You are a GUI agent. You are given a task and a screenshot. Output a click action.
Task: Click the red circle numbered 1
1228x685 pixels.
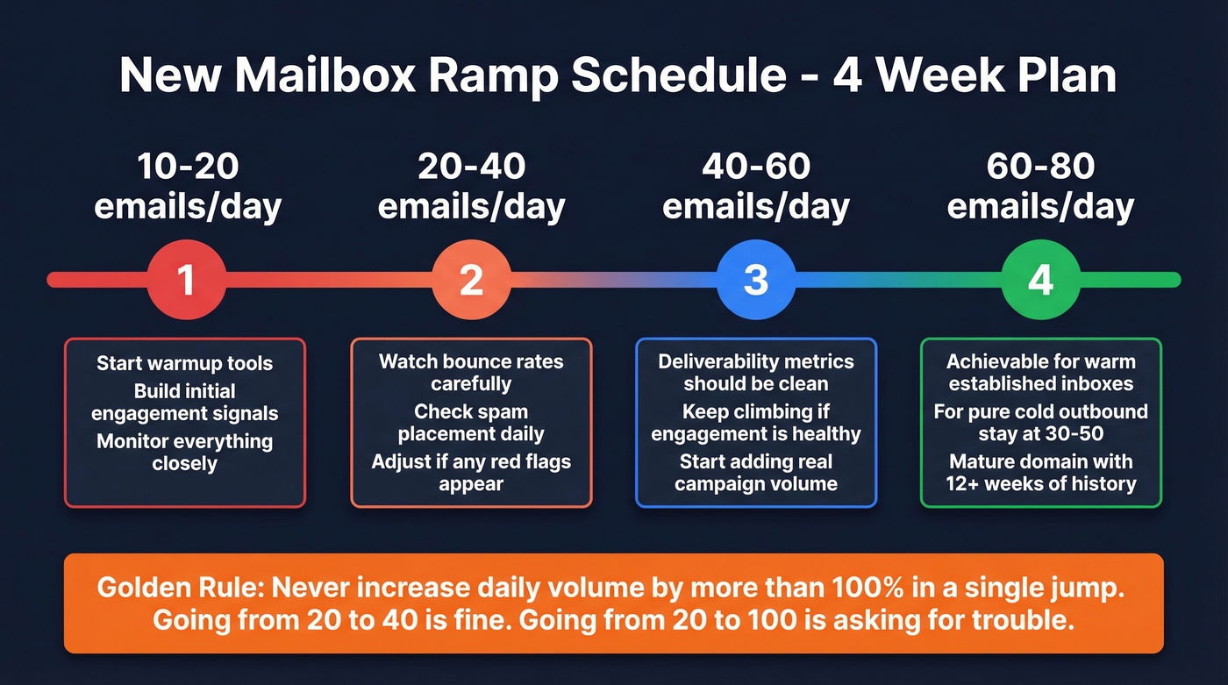186,280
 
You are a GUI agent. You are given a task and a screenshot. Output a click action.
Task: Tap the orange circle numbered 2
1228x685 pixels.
471,280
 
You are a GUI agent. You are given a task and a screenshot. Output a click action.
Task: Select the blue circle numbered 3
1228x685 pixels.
755,280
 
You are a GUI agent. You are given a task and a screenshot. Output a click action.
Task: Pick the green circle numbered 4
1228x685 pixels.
1040,280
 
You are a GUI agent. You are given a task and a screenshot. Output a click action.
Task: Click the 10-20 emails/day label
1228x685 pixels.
188,186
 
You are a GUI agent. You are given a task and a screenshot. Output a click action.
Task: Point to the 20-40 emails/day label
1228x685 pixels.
471,186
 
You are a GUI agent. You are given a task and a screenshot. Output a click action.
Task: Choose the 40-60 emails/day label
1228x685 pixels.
755,186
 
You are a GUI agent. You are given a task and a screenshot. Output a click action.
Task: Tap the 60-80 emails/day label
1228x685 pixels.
1040,186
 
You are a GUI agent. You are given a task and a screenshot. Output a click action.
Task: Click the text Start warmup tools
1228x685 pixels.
185,363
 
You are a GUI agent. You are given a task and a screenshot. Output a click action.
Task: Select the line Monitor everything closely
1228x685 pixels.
185,452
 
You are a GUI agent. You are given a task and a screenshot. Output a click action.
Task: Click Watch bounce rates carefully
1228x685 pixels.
471,372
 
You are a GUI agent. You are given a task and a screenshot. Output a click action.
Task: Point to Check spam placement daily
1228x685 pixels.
471,423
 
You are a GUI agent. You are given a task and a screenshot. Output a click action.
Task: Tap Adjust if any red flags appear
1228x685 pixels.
471,473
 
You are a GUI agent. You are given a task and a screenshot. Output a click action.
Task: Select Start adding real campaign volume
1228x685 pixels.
755,473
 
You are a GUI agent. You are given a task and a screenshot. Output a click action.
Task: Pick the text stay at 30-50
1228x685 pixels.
1040,434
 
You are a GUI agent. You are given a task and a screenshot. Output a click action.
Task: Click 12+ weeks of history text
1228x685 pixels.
1040,483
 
